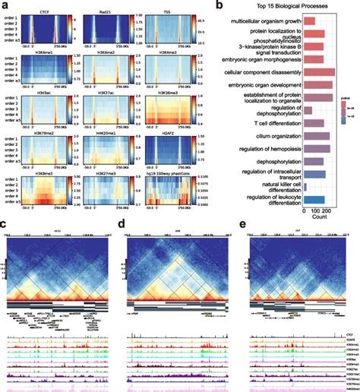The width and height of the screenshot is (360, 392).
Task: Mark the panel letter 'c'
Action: click(x=4, y=226)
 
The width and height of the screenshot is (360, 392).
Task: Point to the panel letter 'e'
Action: click(x=242, y=226)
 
